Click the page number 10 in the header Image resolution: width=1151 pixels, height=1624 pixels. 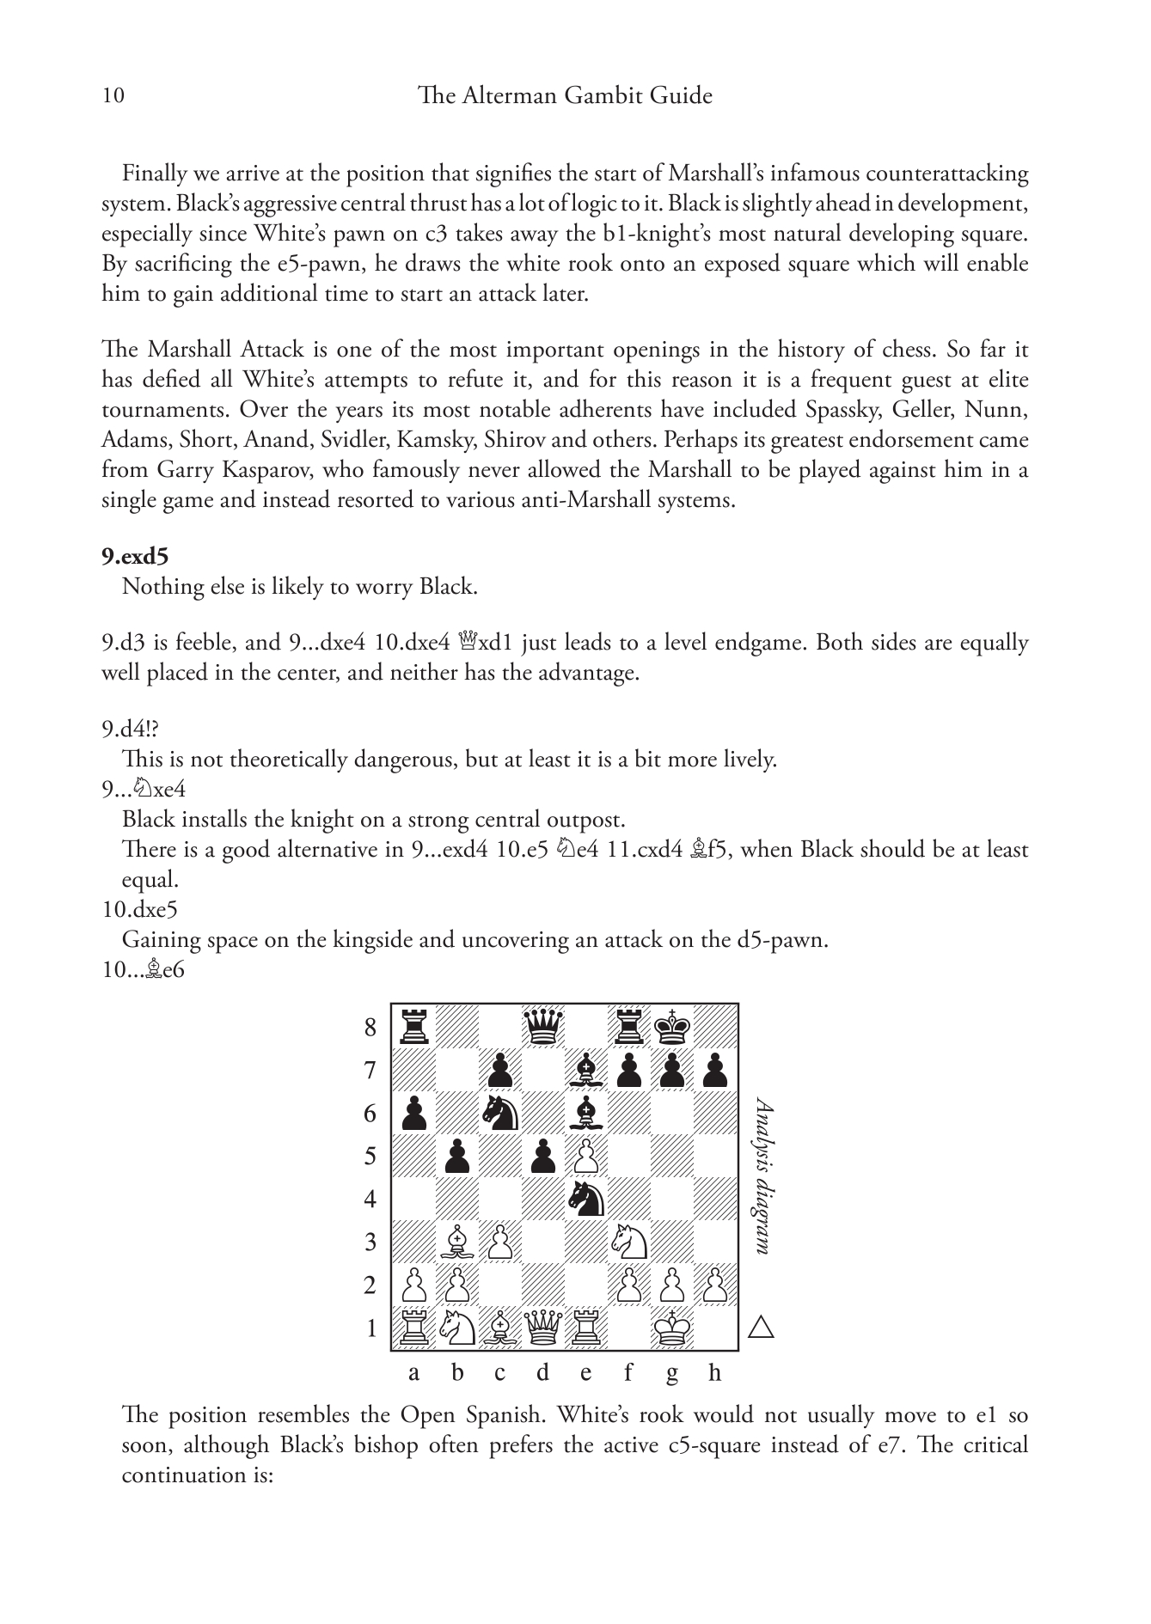113,95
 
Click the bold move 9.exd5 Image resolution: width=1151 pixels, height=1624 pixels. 134,556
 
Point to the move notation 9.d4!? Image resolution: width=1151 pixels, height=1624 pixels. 130,730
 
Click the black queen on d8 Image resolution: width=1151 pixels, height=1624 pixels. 542,1027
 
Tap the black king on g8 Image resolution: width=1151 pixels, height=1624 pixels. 672,1027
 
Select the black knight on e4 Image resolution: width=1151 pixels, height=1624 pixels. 586,1199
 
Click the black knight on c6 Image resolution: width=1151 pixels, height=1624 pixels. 499,1113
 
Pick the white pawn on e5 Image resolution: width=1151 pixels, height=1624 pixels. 586,1156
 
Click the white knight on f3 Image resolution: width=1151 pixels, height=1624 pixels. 629,1242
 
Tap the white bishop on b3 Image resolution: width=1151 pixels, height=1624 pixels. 456,1242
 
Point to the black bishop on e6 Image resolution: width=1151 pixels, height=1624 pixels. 586,1113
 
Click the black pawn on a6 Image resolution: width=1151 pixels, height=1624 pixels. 413,1113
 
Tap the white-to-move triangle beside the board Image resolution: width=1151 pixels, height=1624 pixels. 761,1328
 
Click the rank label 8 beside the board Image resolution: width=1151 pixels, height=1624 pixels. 370,1028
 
